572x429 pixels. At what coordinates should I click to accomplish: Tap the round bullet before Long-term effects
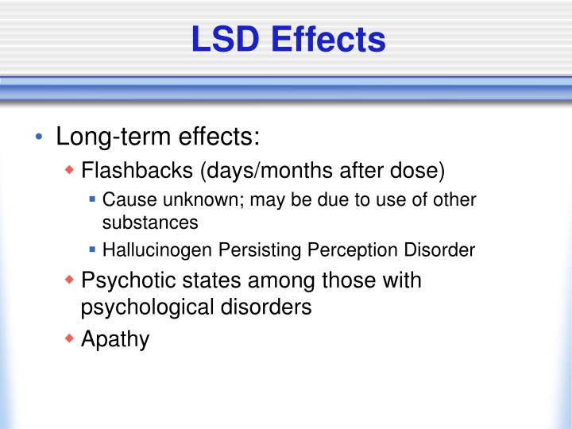coord(38,138)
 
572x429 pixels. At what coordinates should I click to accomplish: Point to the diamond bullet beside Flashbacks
coord(70,171)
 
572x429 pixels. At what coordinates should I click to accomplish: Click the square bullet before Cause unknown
coord(93,199)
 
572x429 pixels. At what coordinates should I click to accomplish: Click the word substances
coord(150,223)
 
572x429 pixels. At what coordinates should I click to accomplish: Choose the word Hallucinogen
coord(160,251)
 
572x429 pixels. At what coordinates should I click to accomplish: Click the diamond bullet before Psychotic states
coord(70,280)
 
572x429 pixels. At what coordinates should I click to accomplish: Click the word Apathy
coord(115,339)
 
